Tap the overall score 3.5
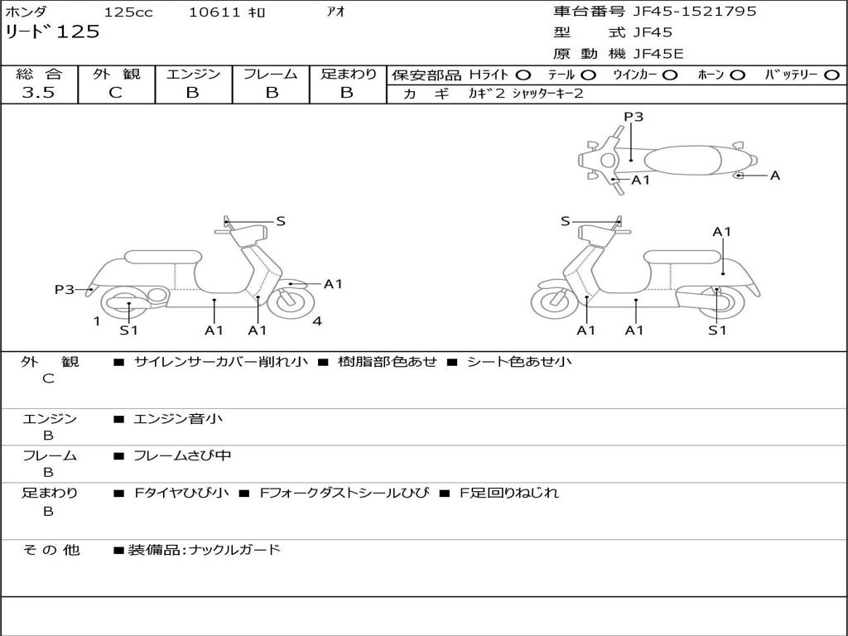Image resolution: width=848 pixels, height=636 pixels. (38, 93)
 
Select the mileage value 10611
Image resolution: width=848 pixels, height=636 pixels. (214, 12)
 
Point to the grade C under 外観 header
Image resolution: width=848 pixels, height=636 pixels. (115, 93)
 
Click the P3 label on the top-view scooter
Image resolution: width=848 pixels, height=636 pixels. (634, 117)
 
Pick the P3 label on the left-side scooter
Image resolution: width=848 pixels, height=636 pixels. (65, 289)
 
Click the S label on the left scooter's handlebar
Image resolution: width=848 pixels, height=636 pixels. (281, 221)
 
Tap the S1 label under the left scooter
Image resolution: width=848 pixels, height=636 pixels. (128, 330)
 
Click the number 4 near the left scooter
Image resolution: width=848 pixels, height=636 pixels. (317, 321)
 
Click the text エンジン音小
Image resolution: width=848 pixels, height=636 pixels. (178, 419)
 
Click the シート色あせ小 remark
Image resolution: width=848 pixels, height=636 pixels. (519, 361)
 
